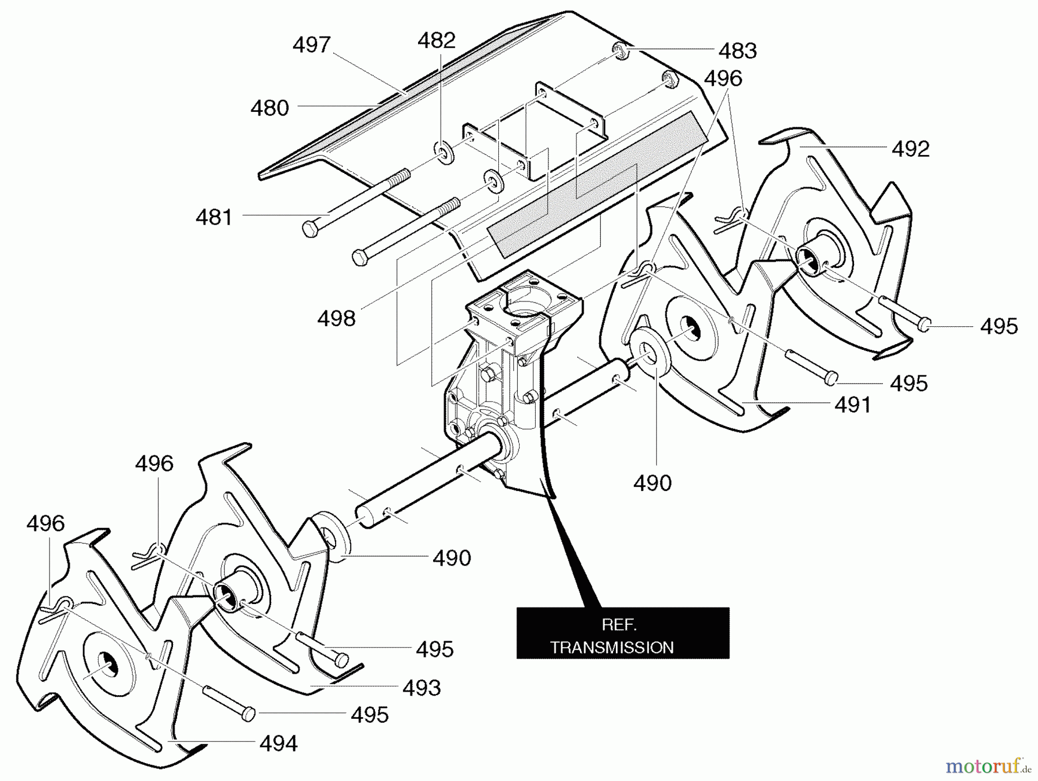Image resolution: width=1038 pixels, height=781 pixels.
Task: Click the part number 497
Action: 311,45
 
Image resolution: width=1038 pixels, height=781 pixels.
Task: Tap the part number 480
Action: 269,108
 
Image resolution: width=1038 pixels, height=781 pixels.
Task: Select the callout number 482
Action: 437,40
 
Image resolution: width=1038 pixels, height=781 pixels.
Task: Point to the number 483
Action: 738,51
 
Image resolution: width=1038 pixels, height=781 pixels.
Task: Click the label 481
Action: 214,217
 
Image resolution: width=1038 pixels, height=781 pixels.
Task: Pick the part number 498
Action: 336,318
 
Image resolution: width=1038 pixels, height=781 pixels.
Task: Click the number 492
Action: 911,149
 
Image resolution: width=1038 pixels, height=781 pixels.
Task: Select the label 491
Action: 853,405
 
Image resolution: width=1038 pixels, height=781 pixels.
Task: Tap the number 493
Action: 422,688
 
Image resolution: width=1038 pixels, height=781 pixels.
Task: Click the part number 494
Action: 279,744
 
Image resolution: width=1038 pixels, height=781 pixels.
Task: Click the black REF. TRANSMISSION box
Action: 623,632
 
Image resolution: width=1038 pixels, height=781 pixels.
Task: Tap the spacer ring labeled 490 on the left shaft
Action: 333,536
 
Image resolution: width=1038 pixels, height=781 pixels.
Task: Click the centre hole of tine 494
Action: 107,665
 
